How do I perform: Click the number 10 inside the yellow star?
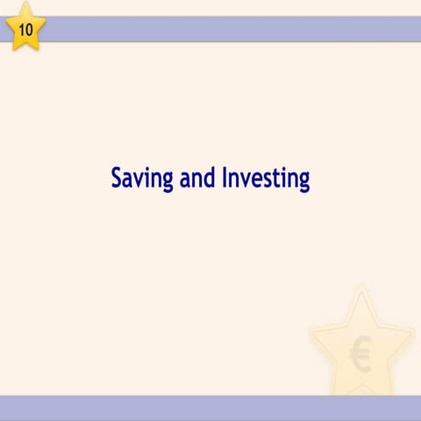[x=25, y=28]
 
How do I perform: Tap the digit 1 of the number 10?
[x=21, y=28]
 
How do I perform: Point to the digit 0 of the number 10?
[x=30, y=28]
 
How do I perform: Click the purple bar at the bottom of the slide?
[x=210, y=408]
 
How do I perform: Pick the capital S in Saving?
[x=118, y=178]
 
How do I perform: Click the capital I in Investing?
[x=226, y=178]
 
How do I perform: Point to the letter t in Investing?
[x=275, y=179]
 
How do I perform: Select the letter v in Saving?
[x=140, y=180]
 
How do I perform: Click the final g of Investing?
[x=303, y=182]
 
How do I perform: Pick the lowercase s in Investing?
[x=266, y=180]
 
